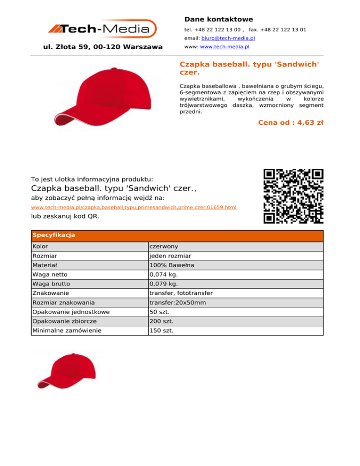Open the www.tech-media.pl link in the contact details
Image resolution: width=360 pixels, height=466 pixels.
(x=225, y=47)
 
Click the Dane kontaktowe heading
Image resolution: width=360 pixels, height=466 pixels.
(x=218, y=19)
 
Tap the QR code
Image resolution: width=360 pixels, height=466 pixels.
(x=293, y=195)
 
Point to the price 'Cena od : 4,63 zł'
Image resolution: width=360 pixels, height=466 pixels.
(x=291, y=123)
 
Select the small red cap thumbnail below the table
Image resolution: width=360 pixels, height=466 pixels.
(x=66, y=371)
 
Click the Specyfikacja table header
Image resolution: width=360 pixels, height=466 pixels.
(x=53, y=235)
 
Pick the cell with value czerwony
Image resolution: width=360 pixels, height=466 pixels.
(x=164, y=247)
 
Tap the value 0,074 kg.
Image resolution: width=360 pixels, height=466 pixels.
(x=164, y=275)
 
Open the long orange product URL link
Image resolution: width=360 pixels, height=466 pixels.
(x=134, y=207)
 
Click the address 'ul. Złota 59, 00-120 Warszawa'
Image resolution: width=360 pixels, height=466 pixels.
(x=103, y=47)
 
